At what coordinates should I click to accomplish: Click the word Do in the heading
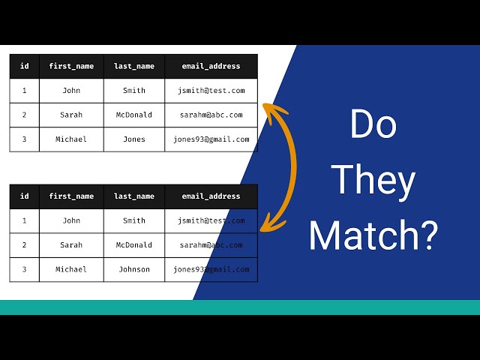(x=373, y=124)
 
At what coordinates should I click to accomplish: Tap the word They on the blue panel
(x=373, y=180)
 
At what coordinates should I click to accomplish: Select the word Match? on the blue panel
(x=373, y=235)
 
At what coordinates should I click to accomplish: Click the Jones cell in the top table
(x=134, y=139)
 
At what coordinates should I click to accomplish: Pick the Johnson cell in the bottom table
(x=134, y=269)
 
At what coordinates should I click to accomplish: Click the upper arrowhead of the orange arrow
(x=267, y=112)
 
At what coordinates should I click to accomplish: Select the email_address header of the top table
(x=211, y=66)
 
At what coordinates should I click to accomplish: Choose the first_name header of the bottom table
(x=71, y=196)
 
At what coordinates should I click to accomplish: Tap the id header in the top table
(x=25, y=66)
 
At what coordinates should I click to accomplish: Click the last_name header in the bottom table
(x=134, y=196)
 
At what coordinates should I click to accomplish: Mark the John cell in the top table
(x=71, y=91)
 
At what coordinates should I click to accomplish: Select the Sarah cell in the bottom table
(x=71, y=245)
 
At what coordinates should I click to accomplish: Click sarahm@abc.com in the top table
(x=211, y=115)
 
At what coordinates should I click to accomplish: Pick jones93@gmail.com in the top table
(x=211, y=139)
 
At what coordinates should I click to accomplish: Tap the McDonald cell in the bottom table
(x=134, y=245)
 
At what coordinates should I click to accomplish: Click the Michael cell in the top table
(x=71, y=139)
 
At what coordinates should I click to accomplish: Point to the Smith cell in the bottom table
(x=134, y=220)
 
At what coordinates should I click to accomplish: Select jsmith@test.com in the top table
(x=211, y=91)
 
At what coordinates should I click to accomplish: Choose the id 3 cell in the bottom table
(x=25, y=269)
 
